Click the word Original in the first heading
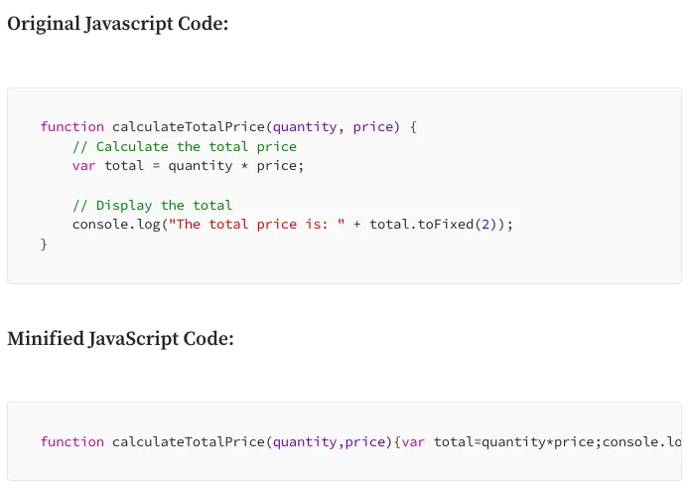click(43, 24)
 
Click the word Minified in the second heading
click(46, 339)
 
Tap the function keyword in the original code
click(72, 126)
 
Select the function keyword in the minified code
click(72, 441)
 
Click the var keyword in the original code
click(83, 166)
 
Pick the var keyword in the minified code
click(413, 442)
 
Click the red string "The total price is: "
click(257, 225)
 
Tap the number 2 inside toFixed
click(485, 225)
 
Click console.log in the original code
click(116, 225)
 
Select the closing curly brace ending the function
click(44, 245)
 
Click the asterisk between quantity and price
click(244, 166)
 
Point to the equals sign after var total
click(156, 166)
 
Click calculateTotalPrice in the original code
click(189, 126)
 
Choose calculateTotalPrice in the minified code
click(189, 441)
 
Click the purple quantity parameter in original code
click(305, 127)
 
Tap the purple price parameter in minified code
click(365, 442)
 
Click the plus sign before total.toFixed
click(357, 225)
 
